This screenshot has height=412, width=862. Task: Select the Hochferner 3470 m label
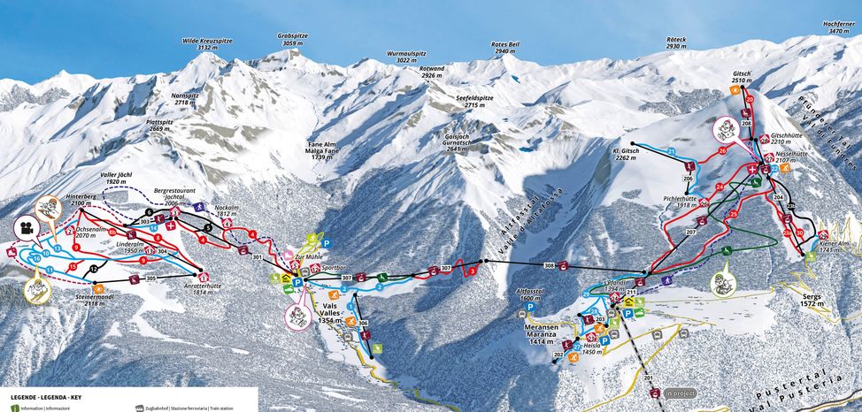[x=839, y=28]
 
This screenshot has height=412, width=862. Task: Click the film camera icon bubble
[x=24, y=227]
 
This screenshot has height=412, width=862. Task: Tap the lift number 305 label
[x=150, y=278]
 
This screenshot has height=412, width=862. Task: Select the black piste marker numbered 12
[x=93, y=268]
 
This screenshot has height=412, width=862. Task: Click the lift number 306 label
[x=362, y=324]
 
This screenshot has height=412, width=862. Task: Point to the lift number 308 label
[x=550, y=265]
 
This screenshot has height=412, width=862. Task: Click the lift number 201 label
[x=649, y=378]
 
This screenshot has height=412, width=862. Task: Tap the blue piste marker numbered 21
[x=672, y=153]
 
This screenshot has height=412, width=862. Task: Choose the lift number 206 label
[x=688, y=179]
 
